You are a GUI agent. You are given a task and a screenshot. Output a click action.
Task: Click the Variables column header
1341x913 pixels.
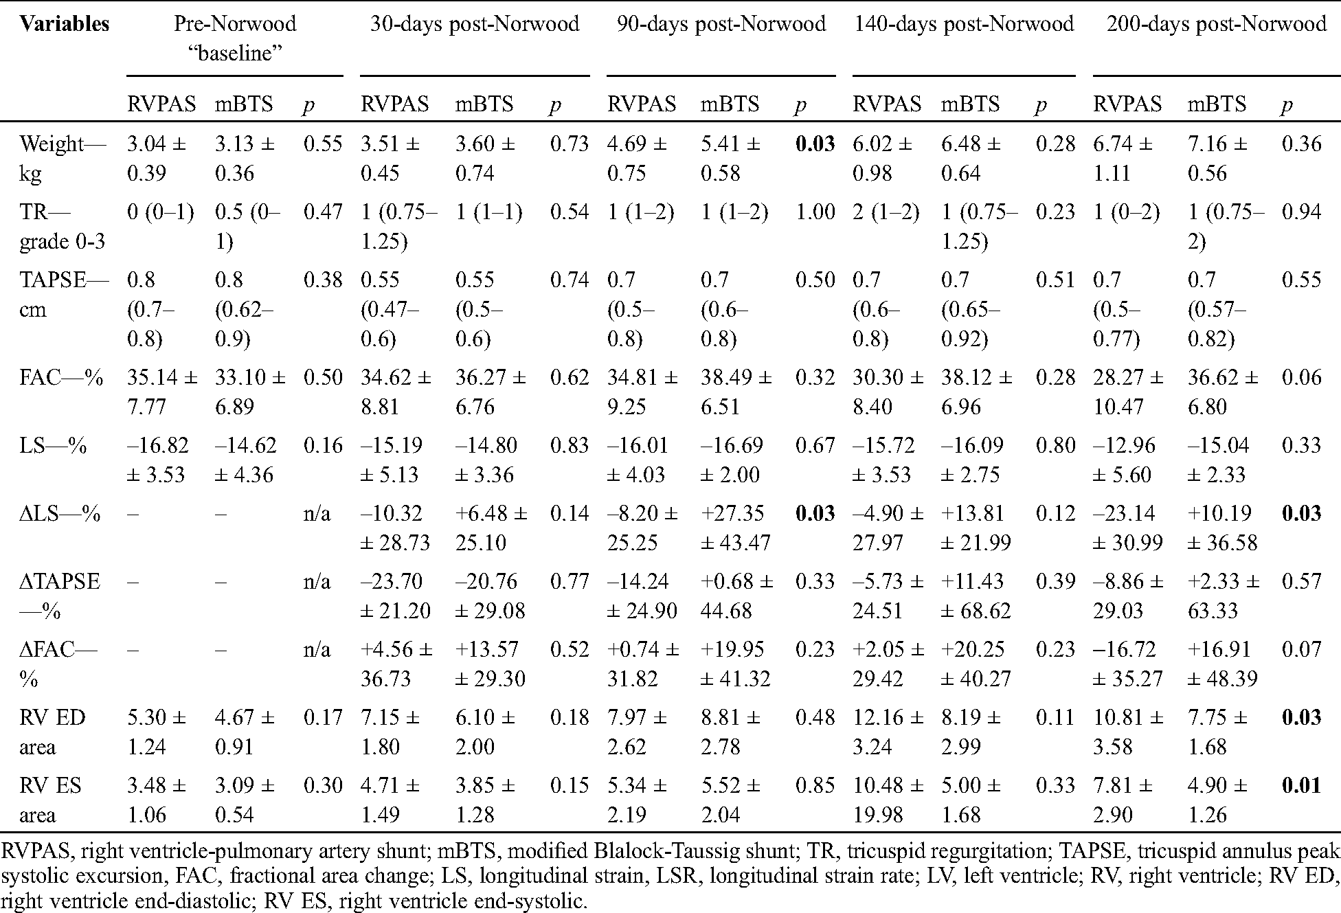(x=64, y=24)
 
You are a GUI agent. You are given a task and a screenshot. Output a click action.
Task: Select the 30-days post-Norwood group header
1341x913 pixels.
(x=474, y=24)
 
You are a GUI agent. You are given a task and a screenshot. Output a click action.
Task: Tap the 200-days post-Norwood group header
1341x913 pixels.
(x=1216, y=24)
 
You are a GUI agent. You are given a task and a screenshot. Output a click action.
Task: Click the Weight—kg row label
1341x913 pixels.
(x=62, y=158)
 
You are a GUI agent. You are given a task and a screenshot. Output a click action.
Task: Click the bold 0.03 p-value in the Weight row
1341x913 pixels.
(x=815, y=144)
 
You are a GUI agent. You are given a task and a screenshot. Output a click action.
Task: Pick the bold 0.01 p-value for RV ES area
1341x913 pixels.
(x=1302, y=785)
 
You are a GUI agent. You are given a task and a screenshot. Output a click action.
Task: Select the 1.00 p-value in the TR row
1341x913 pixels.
(x=815, y=212)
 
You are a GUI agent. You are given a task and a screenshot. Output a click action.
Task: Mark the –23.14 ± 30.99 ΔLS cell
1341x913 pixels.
(x=1127, y=528)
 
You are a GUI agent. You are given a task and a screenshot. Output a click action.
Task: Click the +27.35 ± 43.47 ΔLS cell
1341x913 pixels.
(x=735, y=528)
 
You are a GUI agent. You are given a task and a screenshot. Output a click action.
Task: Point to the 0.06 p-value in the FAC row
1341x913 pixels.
(x=1302, y=377)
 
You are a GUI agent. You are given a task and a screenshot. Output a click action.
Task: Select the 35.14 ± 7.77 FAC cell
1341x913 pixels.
(x=161, y=392)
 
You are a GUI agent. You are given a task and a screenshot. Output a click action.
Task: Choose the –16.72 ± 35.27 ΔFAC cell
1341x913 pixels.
(x=1127, y=664)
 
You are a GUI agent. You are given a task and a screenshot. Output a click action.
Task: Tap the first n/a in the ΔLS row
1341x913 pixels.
(x=317, y=514)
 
